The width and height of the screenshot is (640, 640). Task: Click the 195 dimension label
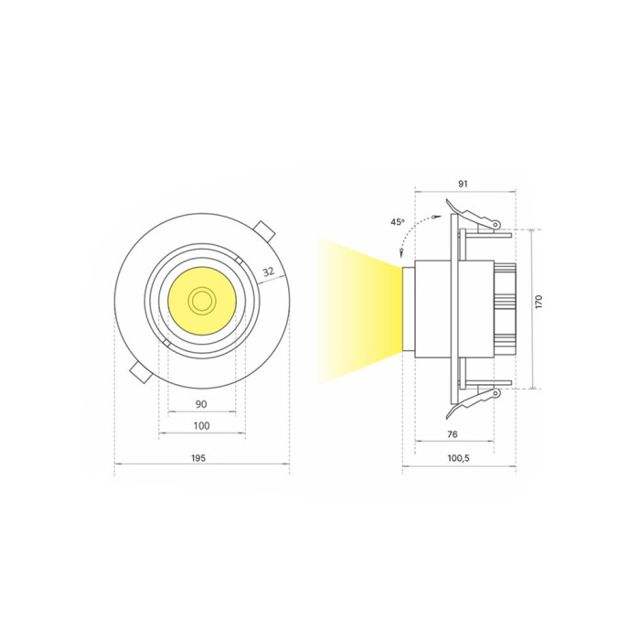pyautogui.click(x=198, y=458)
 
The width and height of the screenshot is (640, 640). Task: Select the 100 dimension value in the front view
pyautogui.click(x=201, y=426)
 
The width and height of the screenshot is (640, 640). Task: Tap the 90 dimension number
pyautogui.click(x=201, y=404)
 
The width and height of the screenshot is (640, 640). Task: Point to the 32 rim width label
pyautogui.click(x=268, y=272)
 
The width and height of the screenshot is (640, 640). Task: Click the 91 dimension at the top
pyautogui.click(x=463, y=184)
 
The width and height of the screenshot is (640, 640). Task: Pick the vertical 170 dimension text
pyautogui.click(x=539, y=301)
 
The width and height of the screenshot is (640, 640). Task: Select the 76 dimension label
pyautogui.click(x=453, y=434)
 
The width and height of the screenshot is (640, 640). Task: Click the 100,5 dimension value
pyautogui.click(x=458, y=458)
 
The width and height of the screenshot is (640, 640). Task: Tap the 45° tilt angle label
pyautogui.click(x=398, y=222)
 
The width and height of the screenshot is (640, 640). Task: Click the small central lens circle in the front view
pyautogui.click(x=200, y=302)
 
